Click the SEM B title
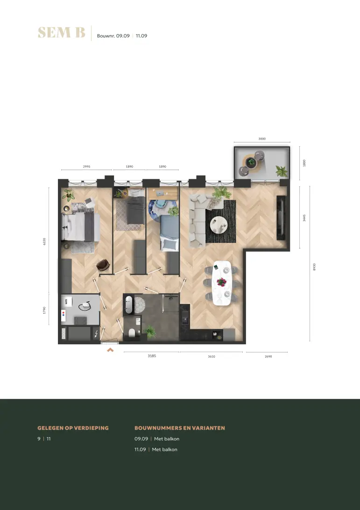click(x=62, y=33)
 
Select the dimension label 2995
click(x=86, y=167)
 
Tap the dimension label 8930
click(x=314, y=267)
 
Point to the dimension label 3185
click(x=152, y=356)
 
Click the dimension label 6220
click(x=44, y=241)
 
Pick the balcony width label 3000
click(x=262, y=139)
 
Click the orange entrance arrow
click(x=110, y=350)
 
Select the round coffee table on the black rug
click(x=218, y=225)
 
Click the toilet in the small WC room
click(x=132, y=333)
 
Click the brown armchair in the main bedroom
click(x=103, y=265)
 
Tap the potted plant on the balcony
click(x=282, y=171)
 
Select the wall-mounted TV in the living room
click(x=281, y=218)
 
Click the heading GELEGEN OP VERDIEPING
click(x=73, y=428)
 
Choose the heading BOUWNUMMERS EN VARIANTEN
click(x=180, y=428)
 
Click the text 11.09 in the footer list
click(x=140, y=449)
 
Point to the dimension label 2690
click(x=268, y=356)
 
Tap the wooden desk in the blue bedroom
click(x=162, y=194)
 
